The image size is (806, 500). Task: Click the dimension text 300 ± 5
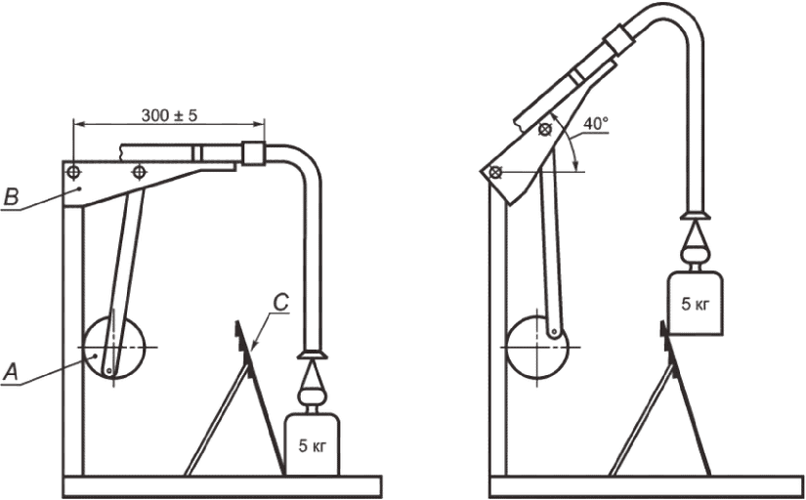click(169, 115)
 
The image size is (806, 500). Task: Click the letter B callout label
click(11, 198)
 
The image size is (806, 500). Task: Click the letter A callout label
click(11, 371)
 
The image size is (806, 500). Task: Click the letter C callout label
click(281, 303)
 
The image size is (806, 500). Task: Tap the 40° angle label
click(596, 123)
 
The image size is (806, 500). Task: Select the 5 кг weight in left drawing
click(312, 444)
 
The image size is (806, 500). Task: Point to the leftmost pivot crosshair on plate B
click(73, 172)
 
